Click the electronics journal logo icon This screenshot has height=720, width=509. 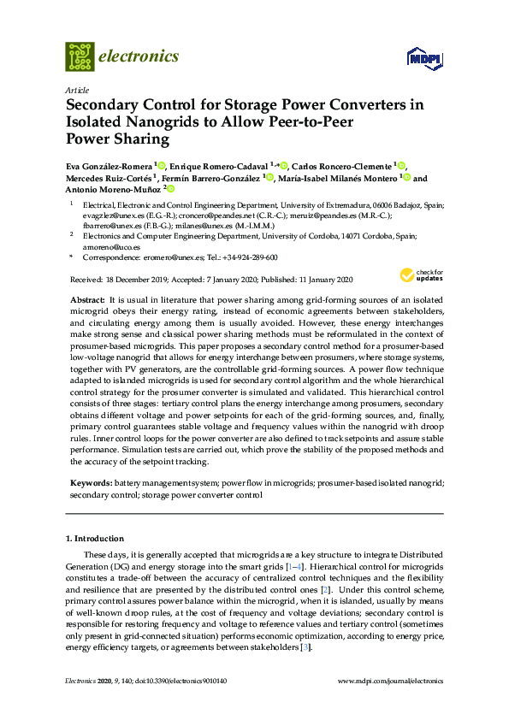80,56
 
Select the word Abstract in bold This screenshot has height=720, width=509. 86,301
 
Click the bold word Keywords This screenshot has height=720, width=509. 89,483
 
